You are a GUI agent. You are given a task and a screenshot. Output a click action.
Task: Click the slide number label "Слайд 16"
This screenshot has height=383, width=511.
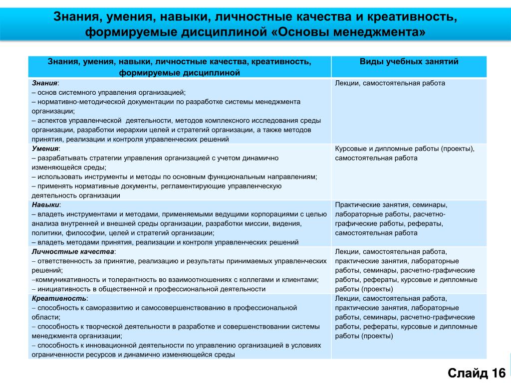[x=477, y=373]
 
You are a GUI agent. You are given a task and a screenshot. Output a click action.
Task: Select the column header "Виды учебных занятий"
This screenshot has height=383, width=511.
[x=409, y=62]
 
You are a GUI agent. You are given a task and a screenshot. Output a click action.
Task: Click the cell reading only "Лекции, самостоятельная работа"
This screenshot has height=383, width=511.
[x=390, y=83]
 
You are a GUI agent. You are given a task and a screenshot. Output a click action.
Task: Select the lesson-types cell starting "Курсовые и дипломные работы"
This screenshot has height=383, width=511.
[x=405, y=153]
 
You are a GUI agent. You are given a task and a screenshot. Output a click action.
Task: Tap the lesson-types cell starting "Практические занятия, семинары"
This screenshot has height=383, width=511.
[x=391, y=218]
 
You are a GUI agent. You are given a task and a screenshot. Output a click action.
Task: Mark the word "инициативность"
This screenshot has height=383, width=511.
[x=60, y=289]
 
